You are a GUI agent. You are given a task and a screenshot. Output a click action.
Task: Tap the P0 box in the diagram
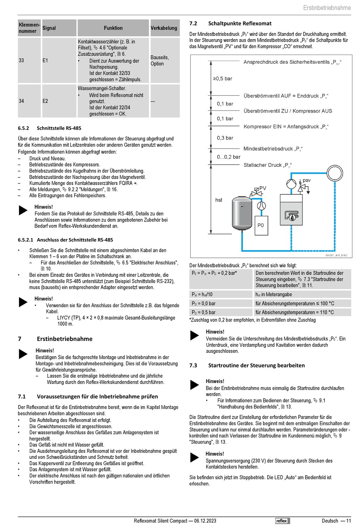point(261,225)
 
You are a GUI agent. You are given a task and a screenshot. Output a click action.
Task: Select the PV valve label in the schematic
point(263,188)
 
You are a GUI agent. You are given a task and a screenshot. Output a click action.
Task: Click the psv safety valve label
point(307,180)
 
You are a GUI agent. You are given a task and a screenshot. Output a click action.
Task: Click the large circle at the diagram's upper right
point(335,173)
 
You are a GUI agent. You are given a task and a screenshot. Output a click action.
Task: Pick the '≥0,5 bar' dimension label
point(222,79)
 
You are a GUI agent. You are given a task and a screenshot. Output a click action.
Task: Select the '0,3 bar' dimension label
point(225,138)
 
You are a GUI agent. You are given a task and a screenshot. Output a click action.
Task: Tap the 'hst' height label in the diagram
point(219,200)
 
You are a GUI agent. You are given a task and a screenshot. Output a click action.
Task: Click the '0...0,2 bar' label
point(229,157)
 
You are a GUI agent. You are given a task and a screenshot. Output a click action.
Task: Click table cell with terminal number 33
point(22,60)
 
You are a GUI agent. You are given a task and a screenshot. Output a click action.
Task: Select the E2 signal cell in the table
point(45,101)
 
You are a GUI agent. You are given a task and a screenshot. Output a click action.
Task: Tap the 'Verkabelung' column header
point(164,28)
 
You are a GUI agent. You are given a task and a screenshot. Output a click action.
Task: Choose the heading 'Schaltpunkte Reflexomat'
point(239,24)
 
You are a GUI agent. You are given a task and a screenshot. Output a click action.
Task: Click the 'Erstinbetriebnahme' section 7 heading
point(64,339)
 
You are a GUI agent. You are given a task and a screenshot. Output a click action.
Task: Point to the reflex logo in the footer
point(282,521)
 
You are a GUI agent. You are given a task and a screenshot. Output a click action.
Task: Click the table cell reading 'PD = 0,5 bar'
point(204,312)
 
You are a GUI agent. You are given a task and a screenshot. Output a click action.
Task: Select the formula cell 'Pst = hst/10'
point(202,294)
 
